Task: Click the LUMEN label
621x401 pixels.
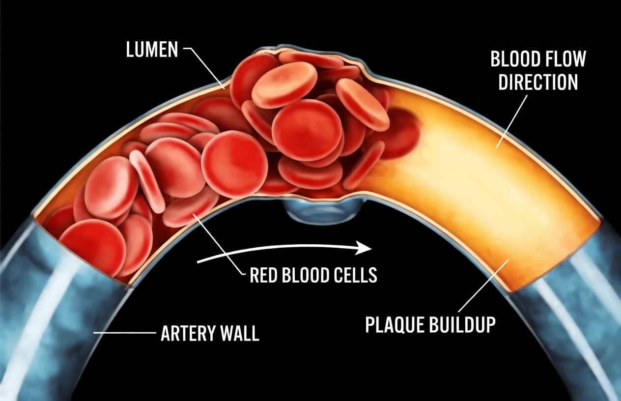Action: [152, 50]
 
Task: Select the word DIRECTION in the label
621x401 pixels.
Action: [538, 82]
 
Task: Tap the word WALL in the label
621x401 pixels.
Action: [240, 334]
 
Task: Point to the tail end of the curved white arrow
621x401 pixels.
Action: [199, 261]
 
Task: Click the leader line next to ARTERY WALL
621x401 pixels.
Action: [123, 333]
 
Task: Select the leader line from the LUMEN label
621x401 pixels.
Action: [206, 66]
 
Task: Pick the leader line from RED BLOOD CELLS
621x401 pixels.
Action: [221, 246]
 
